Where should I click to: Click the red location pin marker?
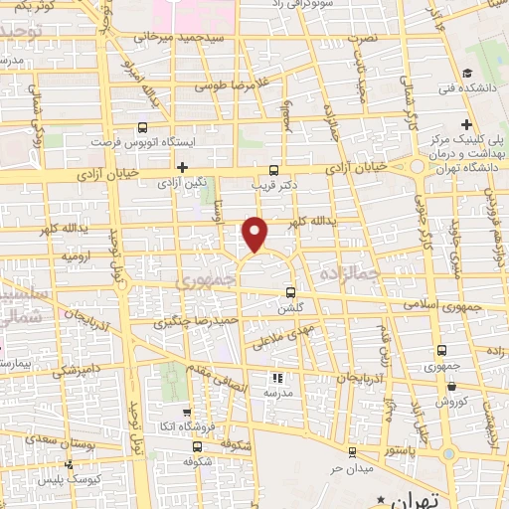255,234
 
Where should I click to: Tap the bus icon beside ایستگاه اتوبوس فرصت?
142,127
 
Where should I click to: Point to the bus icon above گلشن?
290,292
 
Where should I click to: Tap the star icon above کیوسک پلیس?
69,463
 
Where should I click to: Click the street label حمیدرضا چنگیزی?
193,323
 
